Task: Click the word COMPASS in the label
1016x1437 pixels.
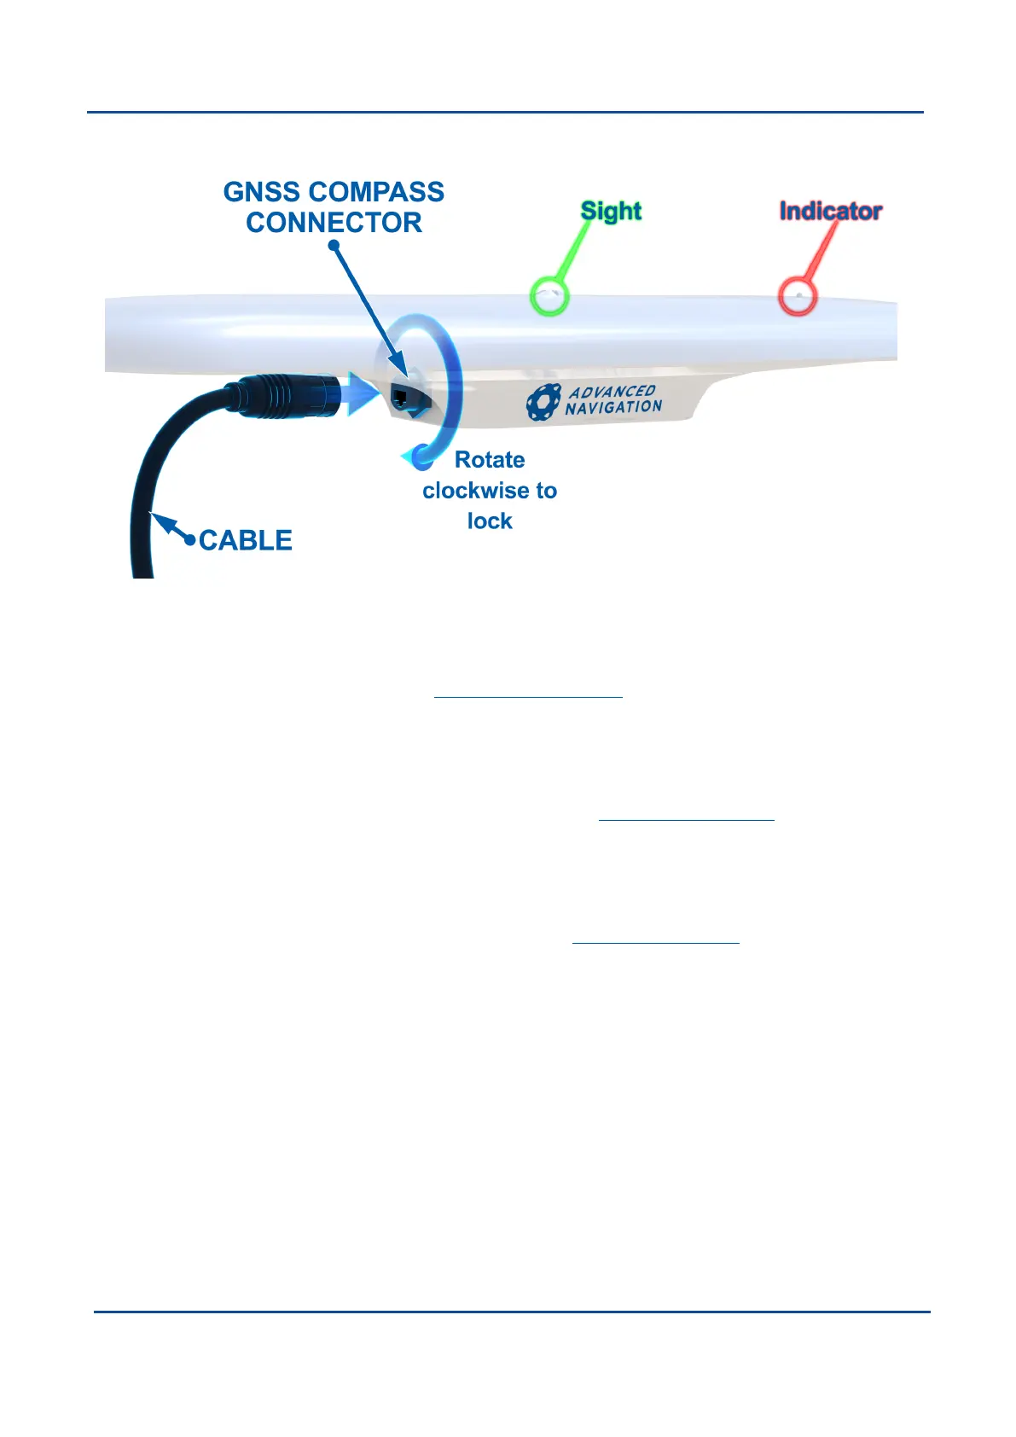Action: pyautogui.click(x=377, y=192)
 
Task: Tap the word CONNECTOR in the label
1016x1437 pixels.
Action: pyautogui.click(x=334, y=223)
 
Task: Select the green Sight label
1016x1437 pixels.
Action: pyautogui.click(x=611, y=211)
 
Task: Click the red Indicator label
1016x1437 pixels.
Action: pyautogui.click(x=830, y=211)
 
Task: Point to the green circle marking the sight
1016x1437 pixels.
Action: pyautogui.click(x=549, y=296)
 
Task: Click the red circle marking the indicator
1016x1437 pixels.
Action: pyautogui.click(x=798, y=296)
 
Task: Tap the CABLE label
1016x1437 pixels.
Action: pyautogui.click(x=246, y=540)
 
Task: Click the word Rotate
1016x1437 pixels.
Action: pyautogui.click(x=490, y=460)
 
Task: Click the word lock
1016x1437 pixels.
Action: pyautogui.click(x=490, y=521)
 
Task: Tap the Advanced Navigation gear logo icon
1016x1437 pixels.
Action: pyautogui.click(x=543, y=403)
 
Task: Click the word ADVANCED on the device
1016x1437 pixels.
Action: pyautogui.click(x=612, y=392)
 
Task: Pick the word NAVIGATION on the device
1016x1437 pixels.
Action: pyautogui.click(x=613, y=408)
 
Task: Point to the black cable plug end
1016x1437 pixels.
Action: pyautogui.click(x=290, y=393)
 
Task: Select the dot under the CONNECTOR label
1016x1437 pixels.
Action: pyautogui.click(x=334, y=246)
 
